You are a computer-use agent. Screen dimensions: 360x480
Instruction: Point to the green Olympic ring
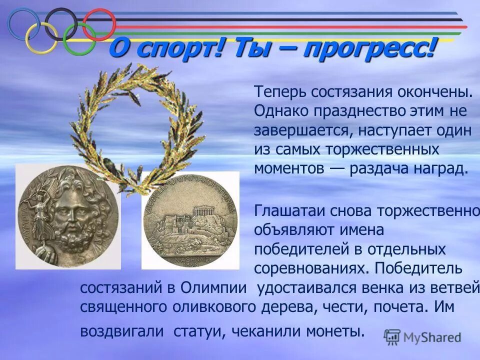tap(79, 39)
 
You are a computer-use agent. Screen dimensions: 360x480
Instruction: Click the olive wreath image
tap(135, 125)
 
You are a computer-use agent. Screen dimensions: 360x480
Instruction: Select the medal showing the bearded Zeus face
tap(68, 216)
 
